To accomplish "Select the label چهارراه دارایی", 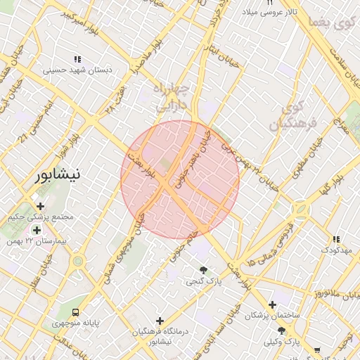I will pyautogui.click(x=171, y=97).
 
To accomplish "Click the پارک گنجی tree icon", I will pyautogui.click(x=203, y=270).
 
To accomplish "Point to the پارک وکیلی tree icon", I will pyautogui.click(x=281, y=330).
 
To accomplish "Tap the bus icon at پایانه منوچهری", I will pyautogui.click(x=75, y=313).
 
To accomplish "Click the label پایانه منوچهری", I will pyautogui.click(x=75, y=324).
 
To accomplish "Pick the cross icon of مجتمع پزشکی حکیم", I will pyautogui.click(x=40, y=207).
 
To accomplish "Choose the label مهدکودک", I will pyautogui.click(x=336, y=250).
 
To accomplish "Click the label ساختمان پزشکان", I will pyautogui.click(x=272, y=315).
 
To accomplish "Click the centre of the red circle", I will pyautogui.click(x=180, y=179).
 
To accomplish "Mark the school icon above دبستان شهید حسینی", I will pyautogui.click(x=77, y=59).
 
